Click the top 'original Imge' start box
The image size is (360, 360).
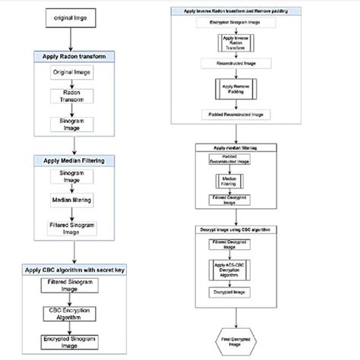pos(70,15)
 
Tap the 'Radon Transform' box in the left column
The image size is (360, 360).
pos(72,97)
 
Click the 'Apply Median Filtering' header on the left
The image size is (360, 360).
pos(72,160)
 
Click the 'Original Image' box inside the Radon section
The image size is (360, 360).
pos(72,72)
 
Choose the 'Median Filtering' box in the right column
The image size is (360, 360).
pos(229,182)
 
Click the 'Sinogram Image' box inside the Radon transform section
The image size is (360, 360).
pos(72,125)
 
